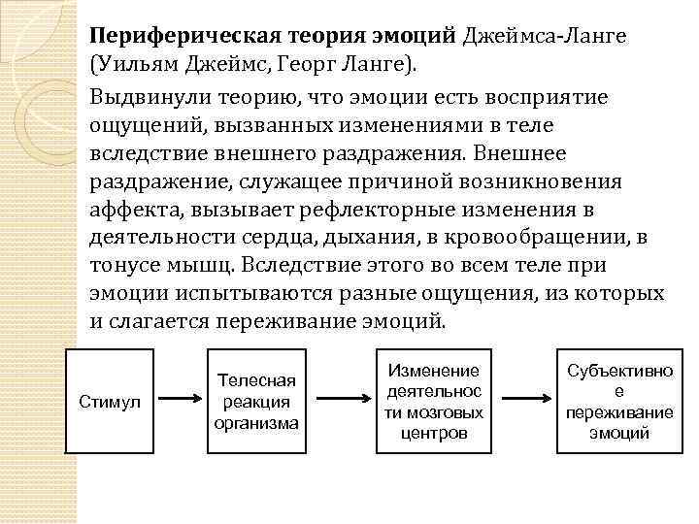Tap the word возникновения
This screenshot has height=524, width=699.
[501, 182]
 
